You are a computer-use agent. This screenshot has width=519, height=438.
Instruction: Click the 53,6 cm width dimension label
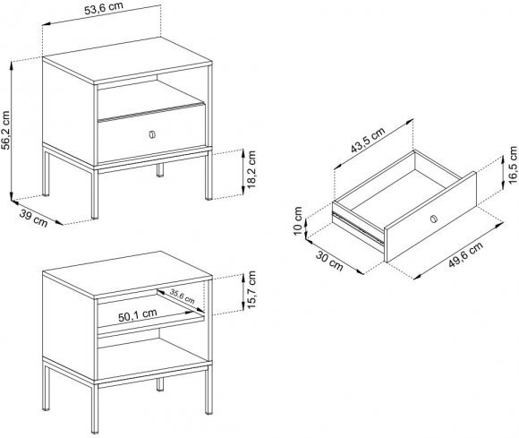click(x=104, y=8)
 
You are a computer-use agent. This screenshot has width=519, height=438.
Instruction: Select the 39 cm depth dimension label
click(x=33, y=219)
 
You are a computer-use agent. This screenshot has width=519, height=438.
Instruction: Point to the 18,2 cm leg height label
click(x=251, y=169)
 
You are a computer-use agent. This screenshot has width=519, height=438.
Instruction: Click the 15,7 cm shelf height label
click(x=251, y=289)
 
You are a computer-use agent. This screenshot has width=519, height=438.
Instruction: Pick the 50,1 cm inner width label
click(x=138, y=315)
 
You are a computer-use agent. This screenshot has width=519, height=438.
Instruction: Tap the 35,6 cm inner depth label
click(x=182, y=296)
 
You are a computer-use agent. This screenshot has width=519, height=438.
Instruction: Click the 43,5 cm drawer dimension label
click(x=368, y=140)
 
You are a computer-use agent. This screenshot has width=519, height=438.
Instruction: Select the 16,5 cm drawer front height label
click(x=512, y=165)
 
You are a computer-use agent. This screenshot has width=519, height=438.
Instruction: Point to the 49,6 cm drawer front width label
click(x=465, y=254)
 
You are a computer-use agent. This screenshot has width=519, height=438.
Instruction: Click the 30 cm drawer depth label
click(x=329, y=261)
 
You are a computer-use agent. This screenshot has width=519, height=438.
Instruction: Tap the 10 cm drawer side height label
click(x=298, y=221)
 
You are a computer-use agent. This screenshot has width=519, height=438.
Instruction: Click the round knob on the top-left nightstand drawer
click(x=152, y=135)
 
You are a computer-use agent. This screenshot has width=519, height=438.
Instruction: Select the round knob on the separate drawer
click(x=434, y=219)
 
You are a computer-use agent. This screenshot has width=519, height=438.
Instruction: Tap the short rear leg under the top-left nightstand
click(x=160, y=170)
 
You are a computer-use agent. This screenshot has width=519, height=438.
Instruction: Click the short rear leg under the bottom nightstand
click(x=160, y=384)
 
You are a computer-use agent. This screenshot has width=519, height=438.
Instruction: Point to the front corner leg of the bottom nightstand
click(x=95, y=408)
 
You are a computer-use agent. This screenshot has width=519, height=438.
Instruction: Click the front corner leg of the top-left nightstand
click(x=95, y=193)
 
